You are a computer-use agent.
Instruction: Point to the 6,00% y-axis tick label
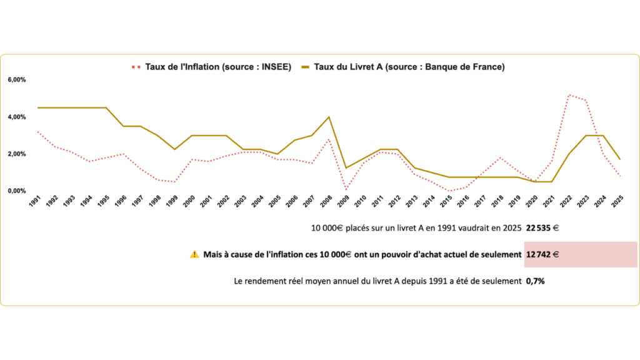point(17,80)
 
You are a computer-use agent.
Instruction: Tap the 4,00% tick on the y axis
point(17,117)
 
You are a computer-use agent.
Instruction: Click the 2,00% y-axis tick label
point(17,154)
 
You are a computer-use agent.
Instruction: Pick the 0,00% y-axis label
point(17,191)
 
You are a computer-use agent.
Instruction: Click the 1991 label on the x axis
point(35,202)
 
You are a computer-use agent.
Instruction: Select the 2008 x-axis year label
point(326,202)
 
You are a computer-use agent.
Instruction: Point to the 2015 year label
point(446,202)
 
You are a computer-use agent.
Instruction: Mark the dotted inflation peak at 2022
point(569,95)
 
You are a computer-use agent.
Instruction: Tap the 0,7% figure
point(535,281)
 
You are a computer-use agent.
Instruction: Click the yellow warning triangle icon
point(194,254)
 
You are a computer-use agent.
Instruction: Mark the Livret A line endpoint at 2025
point(620,159)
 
